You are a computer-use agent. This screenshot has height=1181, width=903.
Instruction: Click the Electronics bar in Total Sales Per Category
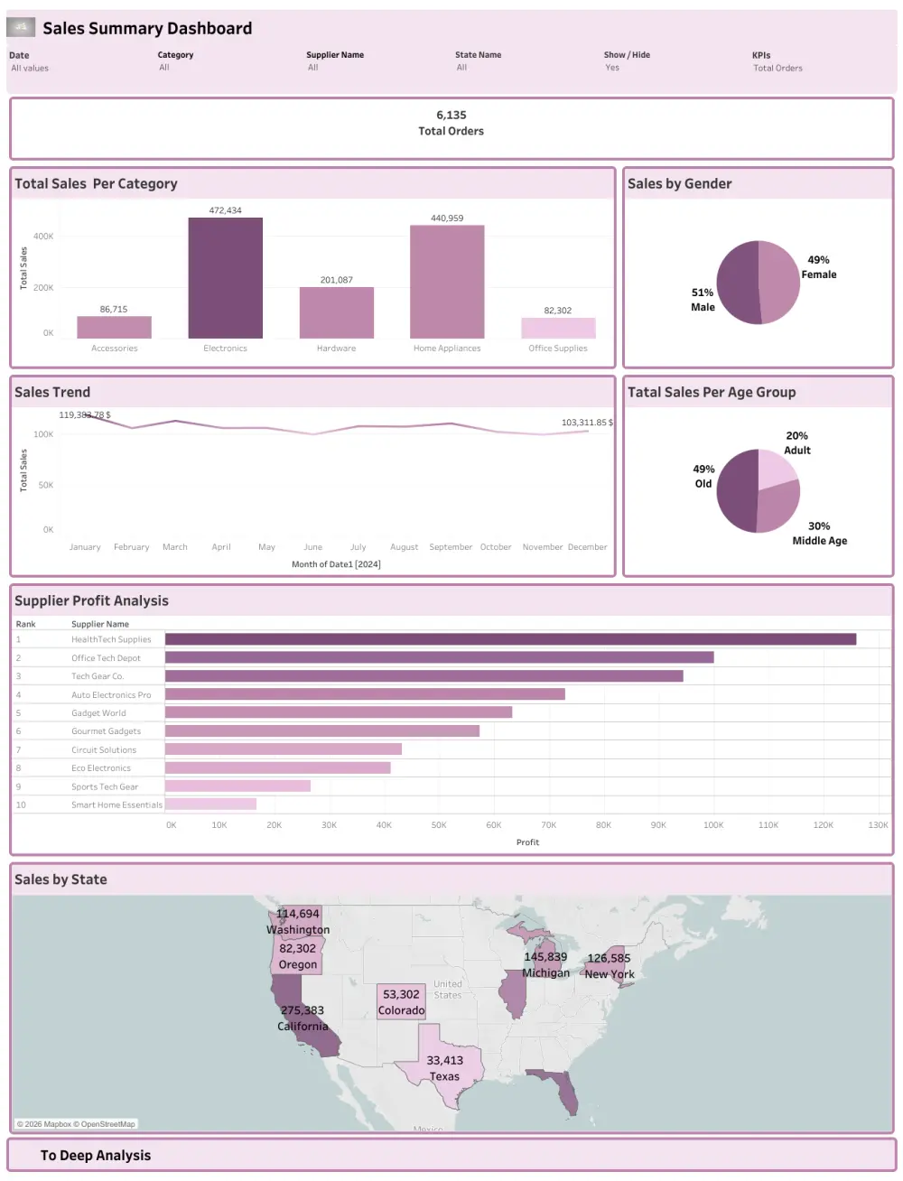[x=225, y=278]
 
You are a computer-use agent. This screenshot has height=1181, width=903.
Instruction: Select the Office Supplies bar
[x=558, y=328]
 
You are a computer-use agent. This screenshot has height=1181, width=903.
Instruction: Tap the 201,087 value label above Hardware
[x=336, y=280]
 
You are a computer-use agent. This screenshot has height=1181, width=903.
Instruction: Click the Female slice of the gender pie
[x=779, y=280]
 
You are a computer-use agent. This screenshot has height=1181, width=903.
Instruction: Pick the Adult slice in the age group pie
[x=776, y=468]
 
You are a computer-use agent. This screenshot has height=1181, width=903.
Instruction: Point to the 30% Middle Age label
[x=819, y=533]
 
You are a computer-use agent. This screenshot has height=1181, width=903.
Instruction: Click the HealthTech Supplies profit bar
[x=510, y=639]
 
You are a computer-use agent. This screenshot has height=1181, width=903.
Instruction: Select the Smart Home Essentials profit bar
[x=210, y=804]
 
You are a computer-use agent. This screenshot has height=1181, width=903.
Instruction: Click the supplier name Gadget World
[x=98, y=713]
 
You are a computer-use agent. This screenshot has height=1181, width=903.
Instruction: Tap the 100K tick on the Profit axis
[x=712, y=824]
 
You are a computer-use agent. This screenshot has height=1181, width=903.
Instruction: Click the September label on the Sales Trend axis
[x=451, y=547]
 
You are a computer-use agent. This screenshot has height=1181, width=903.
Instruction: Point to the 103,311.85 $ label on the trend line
[x=586, y=423]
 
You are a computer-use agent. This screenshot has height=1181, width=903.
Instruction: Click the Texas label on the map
[x=444, y=1076]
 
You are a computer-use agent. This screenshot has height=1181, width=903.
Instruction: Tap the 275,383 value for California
[x=302, y=1010]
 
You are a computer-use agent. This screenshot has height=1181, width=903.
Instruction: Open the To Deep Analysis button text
[x=96, y=1156]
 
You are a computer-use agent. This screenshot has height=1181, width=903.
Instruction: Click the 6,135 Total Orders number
[x=451, y=115]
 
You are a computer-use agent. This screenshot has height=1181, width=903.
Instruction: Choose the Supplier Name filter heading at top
[x=335, y=55]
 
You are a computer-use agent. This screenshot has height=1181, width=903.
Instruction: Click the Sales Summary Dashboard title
[x=147, y=28]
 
